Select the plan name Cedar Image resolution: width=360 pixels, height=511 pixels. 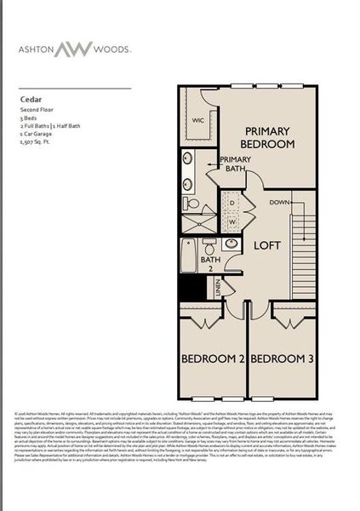[x=32, y=99]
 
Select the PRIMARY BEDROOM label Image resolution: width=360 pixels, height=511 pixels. [x=269, y=137]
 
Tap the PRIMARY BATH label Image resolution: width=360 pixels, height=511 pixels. [x=235, y=164]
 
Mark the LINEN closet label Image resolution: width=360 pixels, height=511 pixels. [x=219, y=289]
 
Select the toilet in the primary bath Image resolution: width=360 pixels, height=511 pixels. [x=192, y=204]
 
